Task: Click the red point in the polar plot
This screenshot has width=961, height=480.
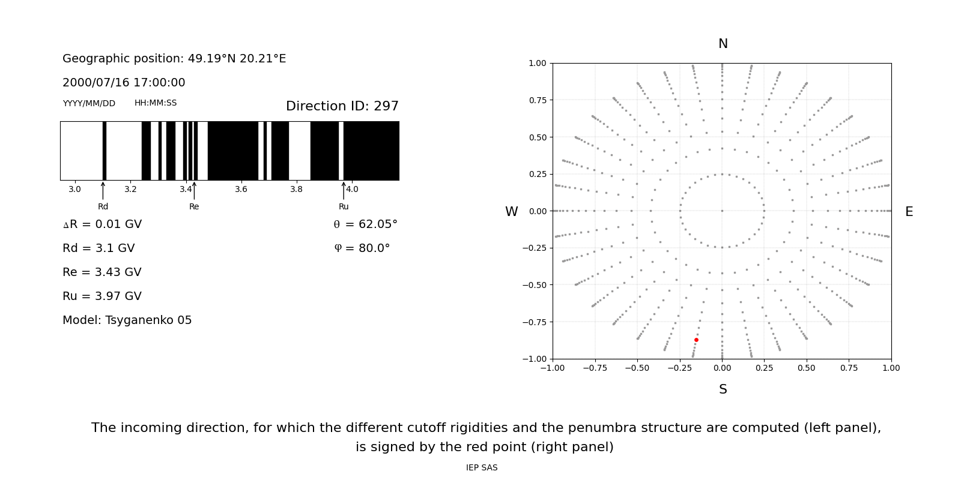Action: pos(696,340)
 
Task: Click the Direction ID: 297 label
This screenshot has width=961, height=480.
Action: pos(342,106)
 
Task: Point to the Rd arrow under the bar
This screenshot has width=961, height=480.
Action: pos(103,190)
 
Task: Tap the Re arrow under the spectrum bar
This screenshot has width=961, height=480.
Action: pos(194,190)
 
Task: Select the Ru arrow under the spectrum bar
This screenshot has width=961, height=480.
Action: pos(344,190)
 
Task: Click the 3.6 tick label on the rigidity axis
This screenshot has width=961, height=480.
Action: pos(241,190)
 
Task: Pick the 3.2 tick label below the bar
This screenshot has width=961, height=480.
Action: pos(130,190)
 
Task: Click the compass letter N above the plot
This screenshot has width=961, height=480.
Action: pos(723,44)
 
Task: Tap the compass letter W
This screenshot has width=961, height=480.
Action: pos(511,212)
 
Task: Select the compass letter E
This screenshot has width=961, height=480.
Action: pos(909,212)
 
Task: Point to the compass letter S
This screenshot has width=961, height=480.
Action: pos(723,389)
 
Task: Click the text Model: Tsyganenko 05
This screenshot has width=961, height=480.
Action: pos(127,320)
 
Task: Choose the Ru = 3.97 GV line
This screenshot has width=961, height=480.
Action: pos(102,296)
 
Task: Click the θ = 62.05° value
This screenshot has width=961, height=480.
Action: pos(365,224)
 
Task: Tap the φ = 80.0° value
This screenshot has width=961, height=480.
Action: pos(362,248)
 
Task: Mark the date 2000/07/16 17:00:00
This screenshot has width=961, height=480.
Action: pos(124,83)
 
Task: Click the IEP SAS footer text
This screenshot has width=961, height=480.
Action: pos(482,468)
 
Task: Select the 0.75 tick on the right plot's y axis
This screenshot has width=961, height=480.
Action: pos(537,100)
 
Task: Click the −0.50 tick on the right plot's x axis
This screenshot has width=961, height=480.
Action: pos(637,368)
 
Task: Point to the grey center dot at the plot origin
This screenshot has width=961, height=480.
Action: pos(722,211)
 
